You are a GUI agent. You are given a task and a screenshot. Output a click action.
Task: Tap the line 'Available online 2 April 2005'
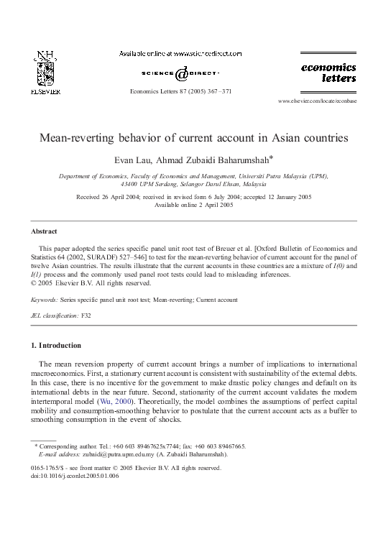[194, 204]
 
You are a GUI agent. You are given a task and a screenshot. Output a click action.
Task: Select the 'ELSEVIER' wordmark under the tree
[45, 92]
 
